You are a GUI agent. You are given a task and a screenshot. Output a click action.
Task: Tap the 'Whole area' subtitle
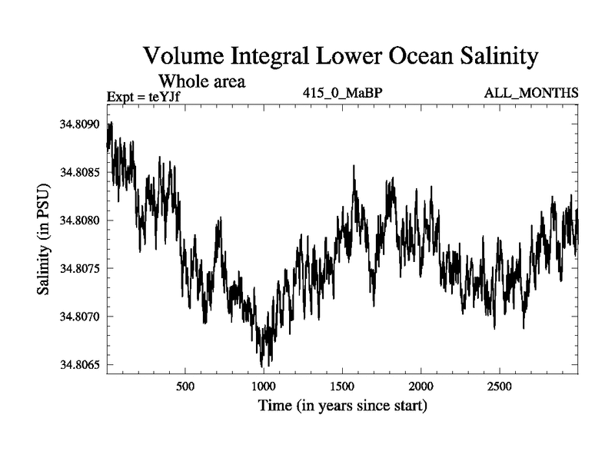click(x=201, y=80)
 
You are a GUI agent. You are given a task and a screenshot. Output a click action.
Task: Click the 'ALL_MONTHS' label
click(x=531, y=93)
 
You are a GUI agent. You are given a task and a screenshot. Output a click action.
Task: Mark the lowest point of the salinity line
click(x=262, y=366)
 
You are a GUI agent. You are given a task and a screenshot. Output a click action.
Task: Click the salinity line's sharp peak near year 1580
click(x=354, y=166)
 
